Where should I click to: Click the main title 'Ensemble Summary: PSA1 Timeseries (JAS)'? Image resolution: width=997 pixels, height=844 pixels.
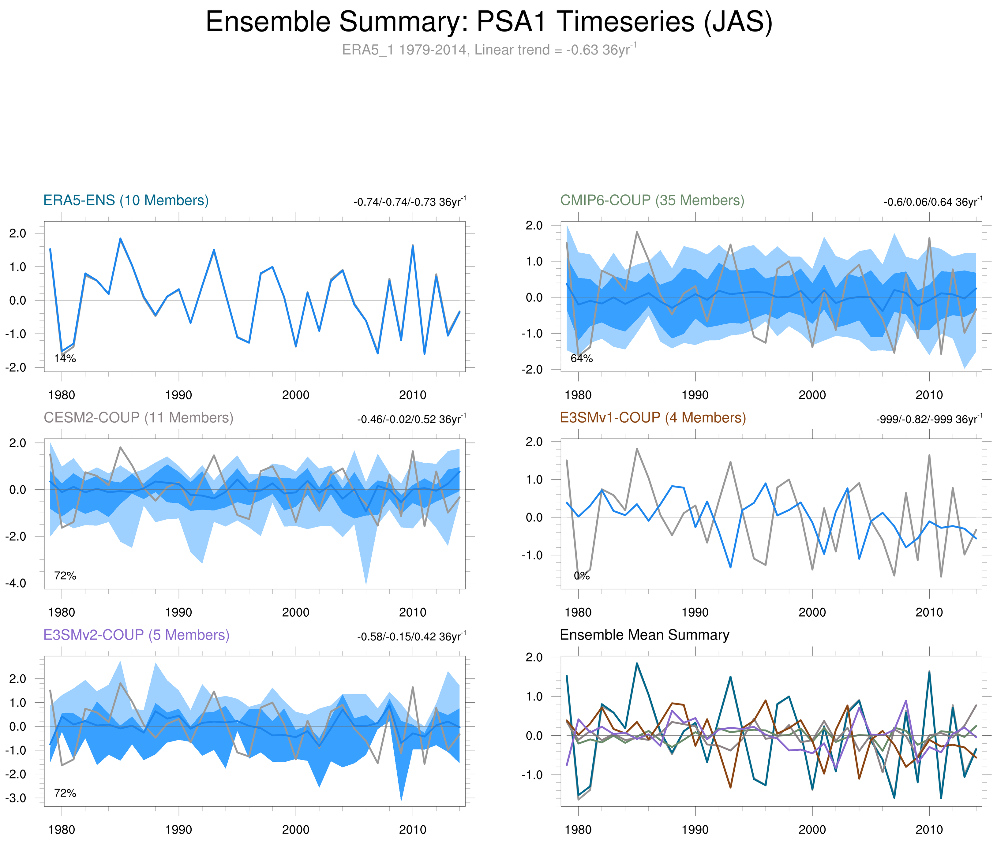tap(489, 22)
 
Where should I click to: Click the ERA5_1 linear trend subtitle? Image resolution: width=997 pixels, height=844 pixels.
tap(489, 50)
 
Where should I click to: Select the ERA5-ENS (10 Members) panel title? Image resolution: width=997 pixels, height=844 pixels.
tap(126, 200)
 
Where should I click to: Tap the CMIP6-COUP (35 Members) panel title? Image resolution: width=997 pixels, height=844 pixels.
tap(652, 200)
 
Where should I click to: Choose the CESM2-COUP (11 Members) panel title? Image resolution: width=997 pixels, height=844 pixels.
tap(138, 418)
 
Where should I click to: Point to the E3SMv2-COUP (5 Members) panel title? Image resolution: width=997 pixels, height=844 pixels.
tap(137, 635)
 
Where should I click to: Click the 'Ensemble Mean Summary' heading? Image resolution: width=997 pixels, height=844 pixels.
tap(644, 635)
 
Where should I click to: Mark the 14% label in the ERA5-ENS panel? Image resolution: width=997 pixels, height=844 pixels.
tap(65, 358)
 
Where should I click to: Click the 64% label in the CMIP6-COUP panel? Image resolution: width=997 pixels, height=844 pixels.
tap(582, 358)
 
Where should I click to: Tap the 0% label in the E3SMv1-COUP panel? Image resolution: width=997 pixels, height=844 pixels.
tap(582, 576)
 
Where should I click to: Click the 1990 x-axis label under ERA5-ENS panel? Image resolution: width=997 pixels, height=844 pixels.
tap(178, 395)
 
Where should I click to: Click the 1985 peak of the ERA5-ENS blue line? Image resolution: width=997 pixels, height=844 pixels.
tap(120, 238)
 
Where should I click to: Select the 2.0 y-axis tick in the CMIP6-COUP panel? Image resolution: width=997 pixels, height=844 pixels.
tap(534, 225)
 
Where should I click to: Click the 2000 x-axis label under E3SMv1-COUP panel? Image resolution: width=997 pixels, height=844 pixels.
tap(812, 612)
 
